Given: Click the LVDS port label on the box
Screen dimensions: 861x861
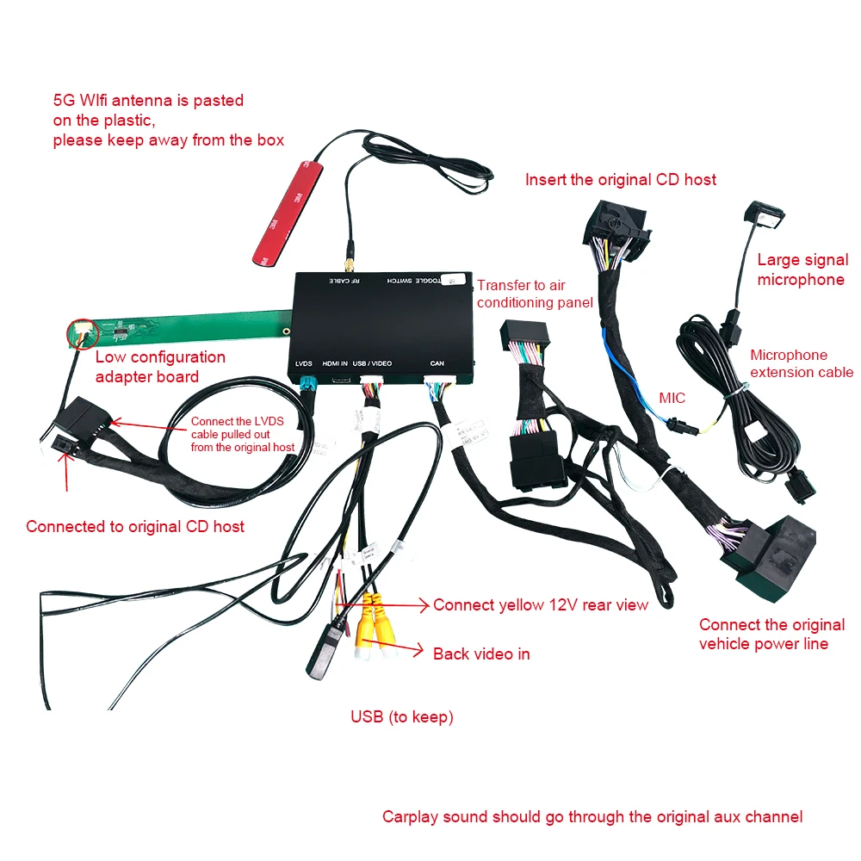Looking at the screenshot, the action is pyautogui.click(x=303, y=363).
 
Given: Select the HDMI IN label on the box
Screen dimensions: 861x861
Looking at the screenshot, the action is pyautogui.click(x=334, y=363).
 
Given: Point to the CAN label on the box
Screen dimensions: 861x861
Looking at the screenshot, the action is pyautogui.click(x=437, y=363).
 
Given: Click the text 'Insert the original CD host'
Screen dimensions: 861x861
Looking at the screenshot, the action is pyautogui.click(x=620, y=180).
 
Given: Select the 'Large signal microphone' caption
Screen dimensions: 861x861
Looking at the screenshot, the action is pyautogui.click(x=802, y=269).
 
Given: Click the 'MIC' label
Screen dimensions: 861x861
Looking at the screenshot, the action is pyautogui.click(x=672, y=398).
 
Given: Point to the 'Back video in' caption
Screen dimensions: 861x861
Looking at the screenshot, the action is pyautogui.click(x=481, y=653).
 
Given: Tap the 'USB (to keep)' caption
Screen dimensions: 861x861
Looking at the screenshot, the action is pyautogui.click(x=401, y=716).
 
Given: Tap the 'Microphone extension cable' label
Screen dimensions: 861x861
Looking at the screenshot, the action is pyautogui.click(x=801, y=363).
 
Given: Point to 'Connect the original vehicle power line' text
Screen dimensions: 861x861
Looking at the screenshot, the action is pyautogui.click(x=771, y=635).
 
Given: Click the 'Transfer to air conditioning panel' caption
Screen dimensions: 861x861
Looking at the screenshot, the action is pyautogui.click(x=534, y=294).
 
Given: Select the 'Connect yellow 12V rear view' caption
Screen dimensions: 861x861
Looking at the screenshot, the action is pyautogui.click(x=540, y=605).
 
